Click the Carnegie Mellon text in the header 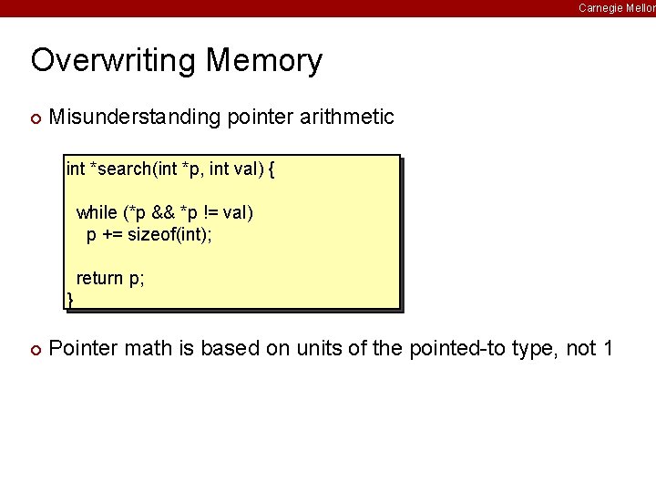click(616, 7)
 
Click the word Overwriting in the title click(114, 61)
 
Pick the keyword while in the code click(97, 212)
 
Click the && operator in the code click(163, 212)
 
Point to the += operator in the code click(114, 234)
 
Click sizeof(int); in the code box click(169, 234)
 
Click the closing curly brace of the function click(70, 299)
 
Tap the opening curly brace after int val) click(272, 169)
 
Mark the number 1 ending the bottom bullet click(607, 348)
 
